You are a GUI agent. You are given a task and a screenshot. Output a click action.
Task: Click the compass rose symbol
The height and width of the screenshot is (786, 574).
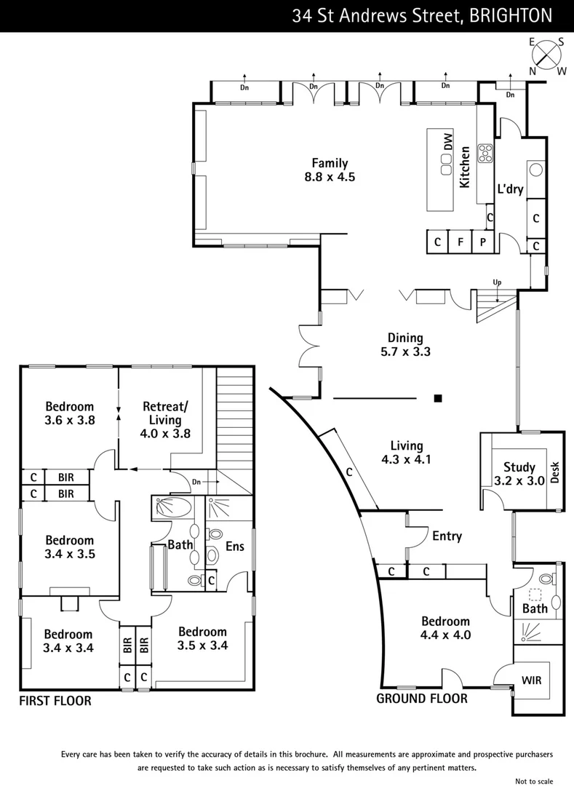pyautogui.click(x=548, y=55)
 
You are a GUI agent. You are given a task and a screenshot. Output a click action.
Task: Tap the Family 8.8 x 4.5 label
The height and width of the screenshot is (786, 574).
pyautogui.click(x=330, y=170)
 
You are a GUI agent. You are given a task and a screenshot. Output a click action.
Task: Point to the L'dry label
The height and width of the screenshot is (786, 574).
pyautogui.click(x=511, y=188)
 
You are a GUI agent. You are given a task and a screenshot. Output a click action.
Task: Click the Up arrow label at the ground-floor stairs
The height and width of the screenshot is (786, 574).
pyautogui.click(x=497, y=282)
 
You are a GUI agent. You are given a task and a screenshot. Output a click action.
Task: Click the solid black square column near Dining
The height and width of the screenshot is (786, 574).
pyautogui.click(x=438, y=398)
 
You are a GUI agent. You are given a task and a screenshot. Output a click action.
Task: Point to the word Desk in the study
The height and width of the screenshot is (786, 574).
pyautogui.click(x=555, y=473)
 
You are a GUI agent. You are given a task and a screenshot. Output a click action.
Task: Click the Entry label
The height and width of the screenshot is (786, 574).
pyautogui.click(x=447, y=536)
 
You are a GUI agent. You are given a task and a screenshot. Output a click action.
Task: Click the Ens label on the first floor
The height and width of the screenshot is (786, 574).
pyautogui.click(x=234, y=545)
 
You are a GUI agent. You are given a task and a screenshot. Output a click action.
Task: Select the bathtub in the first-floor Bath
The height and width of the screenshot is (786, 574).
pyautogui.click(x=172, y=507)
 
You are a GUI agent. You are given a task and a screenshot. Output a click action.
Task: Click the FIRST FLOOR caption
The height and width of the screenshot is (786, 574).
pyautogui.click(x=55, y=702)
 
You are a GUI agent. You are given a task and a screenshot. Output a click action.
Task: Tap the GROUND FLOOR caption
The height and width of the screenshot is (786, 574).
pyautogui.click(x=421, y=699)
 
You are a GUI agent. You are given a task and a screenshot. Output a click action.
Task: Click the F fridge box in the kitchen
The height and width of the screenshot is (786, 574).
pyautogui.click(x=459, y=242)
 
